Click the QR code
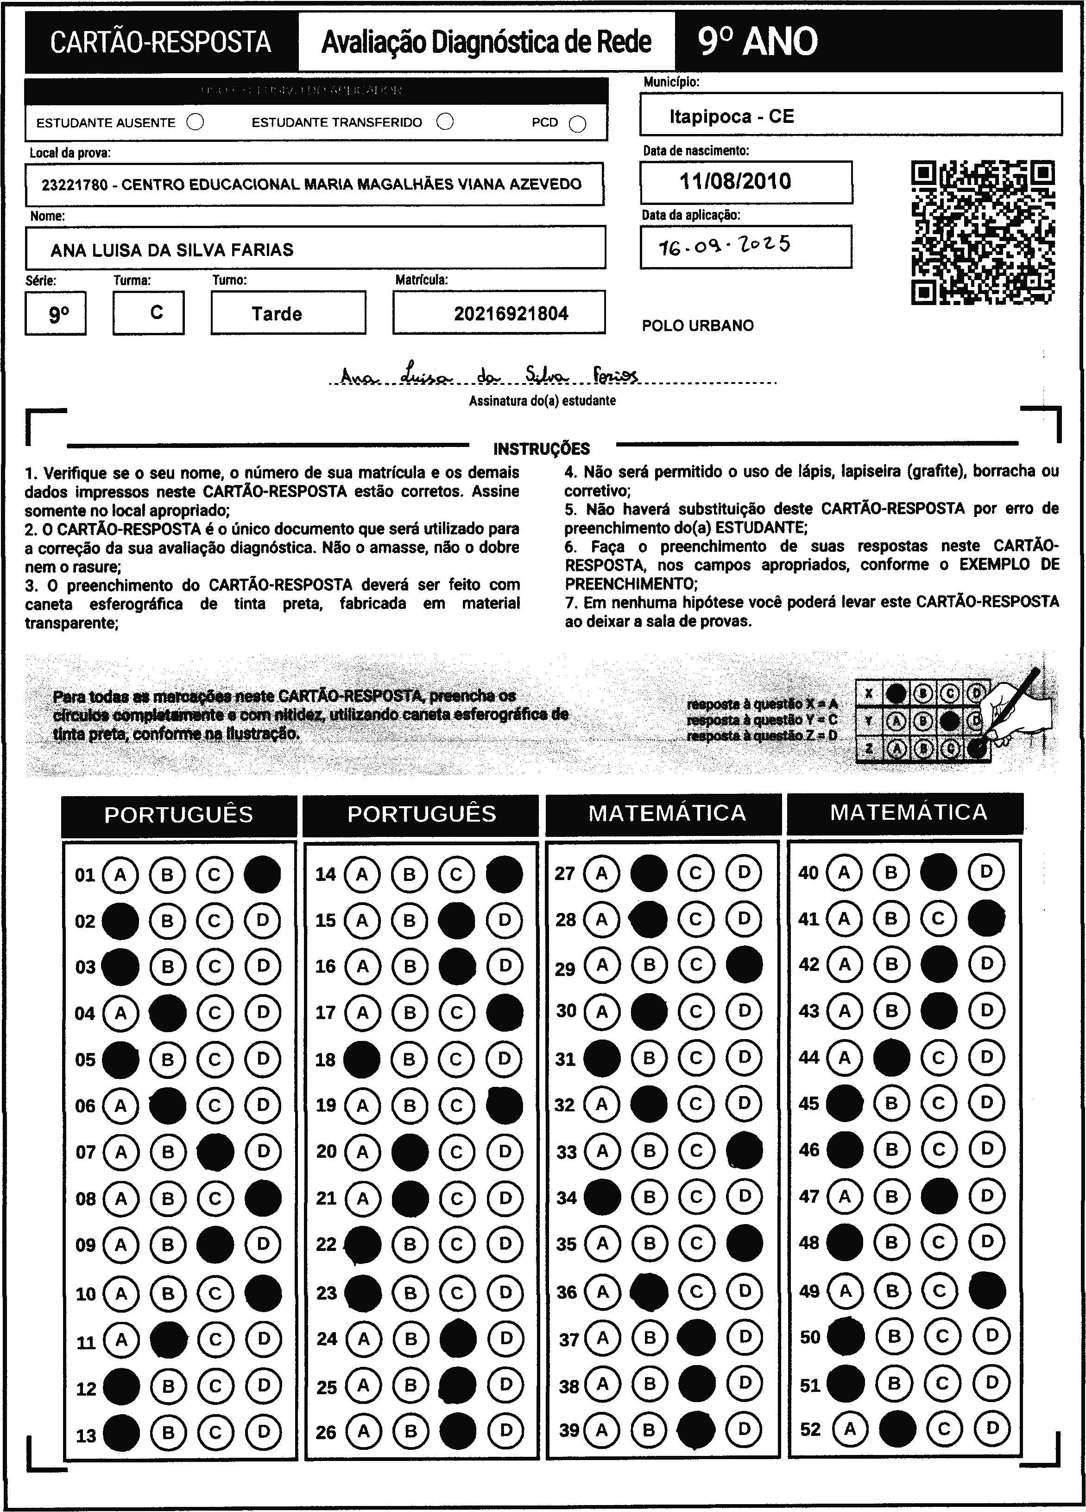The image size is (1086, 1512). pyautogui.click(x=983, y=232)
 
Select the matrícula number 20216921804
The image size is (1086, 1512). pyautogui.click(x=511, y=313)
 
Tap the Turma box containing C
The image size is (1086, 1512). pyautogui.click(x=157, y=312)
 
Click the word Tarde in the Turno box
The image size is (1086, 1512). pyautogui.click(x=277, y=314)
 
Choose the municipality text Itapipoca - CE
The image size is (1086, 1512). pyautogui.click(x=732, y=117)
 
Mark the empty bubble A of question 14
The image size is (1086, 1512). pyautogui.click(x=362, y=874)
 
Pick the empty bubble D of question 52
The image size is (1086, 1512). pyautogui.click(x=992, y=1428)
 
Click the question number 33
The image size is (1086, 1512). pyautogui.click(x=566, y=1152)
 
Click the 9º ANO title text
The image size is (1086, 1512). pyautogui.click(x=758, y=42)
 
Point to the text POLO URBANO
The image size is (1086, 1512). pyautogui.click(x=698, y=326)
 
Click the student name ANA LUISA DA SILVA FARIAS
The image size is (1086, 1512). pyautogui.click(x=172, y=250)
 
